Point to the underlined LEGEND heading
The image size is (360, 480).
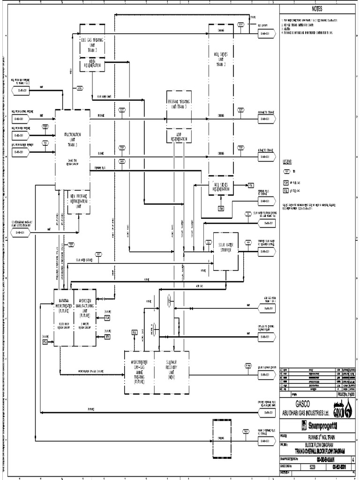coord(287,162)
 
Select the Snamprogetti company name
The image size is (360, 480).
coord(321,425)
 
